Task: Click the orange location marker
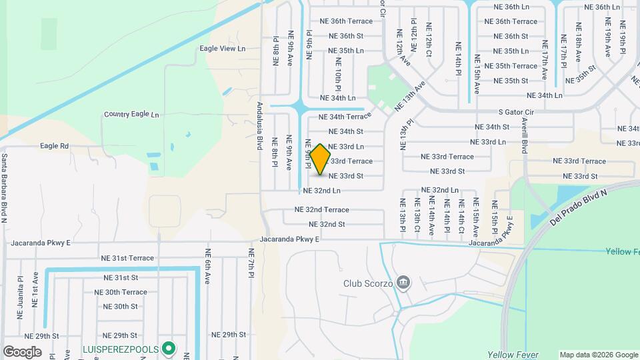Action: (321, 159)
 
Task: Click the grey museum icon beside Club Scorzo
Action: (403, 283)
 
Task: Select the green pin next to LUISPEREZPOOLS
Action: (169, 347)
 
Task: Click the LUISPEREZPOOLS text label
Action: (119, 348)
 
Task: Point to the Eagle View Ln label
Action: (223, 49)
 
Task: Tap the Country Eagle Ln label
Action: (131, 115)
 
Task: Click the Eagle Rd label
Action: (55, 146)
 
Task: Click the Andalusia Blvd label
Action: (260, 125)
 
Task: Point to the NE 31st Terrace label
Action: (127, 258)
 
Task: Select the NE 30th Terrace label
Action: (121, 292)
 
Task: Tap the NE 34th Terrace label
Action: (345, 117)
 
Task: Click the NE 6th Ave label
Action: (208, 266)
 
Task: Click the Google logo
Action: (22, 351)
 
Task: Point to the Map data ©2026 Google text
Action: (598, 355)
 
